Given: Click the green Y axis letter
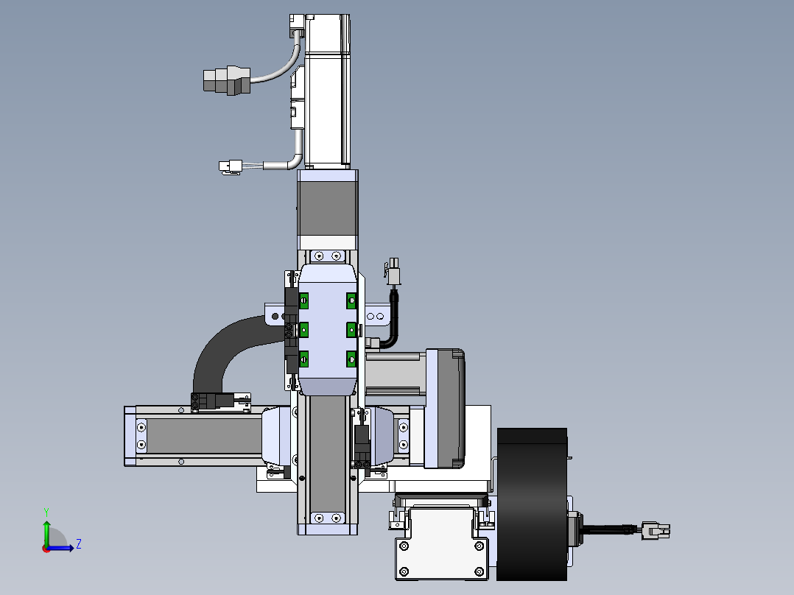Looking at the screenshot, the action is pos(46,512).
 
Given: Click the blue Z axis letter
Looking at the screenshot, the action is pos(79,544).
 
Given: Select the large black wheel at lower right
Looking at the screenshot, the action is pos(533,504).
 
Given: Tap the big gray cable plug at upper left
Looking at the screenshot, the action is pos(227,80).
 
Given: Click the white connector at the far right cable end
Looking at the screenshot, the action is pos(656,531).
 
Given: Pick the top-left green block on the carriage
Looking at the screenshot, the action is pos(303,300).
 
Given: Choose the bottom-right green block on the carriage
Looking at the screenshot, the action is pos(351,359).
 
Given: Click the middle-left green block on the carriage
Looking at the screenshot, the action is pos(303,330).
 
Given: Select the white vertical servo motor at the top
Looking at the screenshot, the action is pos(327,91).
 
